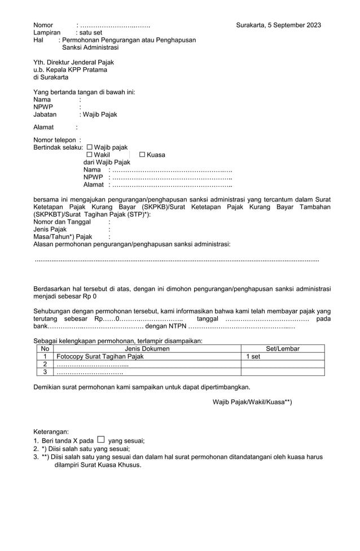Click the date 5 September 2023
[x=295, y=25]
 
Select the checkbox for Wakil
[x=89, y=155]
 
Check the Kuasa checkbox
[x=142, y=155]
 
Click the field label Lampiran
[x=46, y=33]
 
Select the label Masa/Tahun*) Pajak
[x=62, y=237]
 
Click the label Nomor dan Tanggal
[x=62, y=222]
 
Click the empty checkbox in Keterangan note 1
[x=100, y=439]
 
